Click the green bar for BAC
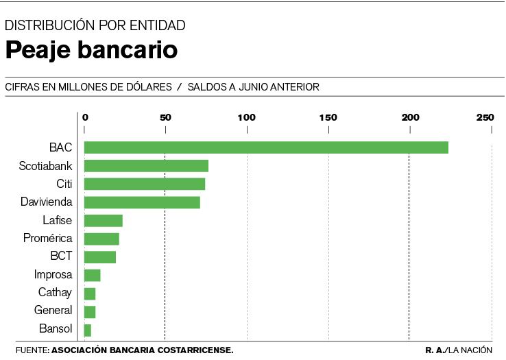pos(266,147)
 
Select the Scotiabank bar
pos(146,166)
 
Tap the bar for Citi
pos(144,184)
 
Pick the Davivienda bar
pos(142,202)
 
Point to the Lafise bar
pos(103,221)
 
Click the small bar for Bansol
pos(88,330)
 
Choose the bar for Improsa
pos(93,275)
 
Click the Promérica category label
pos(48,239)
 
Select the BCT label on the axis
pos(61,256)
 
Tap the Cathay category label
pos(55,293)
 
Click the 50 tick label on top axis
pos(165,117)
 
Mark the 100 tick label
pos(246,117)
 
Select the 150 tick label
pos(328,117)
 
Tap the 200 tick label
pos(410,117)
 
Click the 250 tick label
pos(485,117)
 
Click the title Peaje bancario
pos(92,50)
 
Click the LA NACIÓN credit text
pos(471,350)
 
